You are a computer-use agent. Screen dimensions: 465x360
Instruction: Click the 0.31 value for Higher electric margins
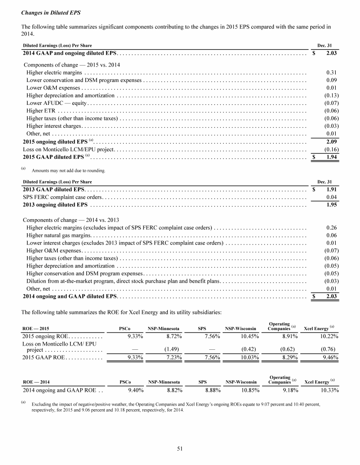coord(331,73)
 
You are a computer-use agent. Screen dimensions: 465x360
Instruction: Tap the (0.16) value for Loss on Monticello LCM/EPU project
coord(331,149)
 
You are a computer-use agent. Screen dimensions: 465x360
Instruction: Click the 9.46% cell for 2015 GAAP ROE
coord(329,357)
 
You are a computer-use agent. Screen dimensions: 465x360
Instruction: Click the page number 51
coord(180,448)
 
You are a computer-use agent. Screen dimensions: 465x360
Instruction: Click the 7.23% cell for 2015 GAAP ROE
coord(173,357)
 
